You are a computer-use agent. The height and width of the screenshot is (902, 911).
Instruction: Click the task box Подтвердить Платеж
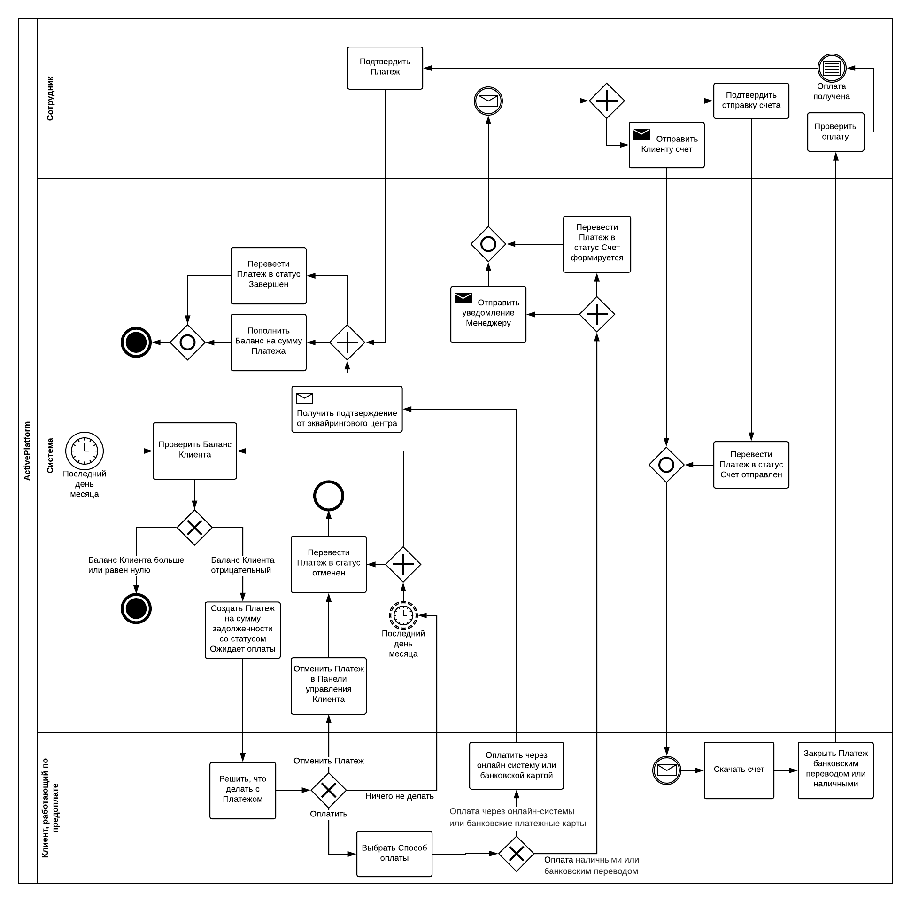click(385, 68)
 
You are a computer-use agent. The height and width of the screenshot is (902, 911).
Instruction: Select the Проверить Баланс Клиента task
click(195, 451)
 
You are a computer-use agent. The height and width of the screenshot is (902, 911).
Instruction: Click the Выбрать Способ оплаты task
click(394, 854)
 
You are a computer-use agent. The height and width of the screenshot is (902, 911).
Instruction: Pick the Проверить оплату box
click(835, 132)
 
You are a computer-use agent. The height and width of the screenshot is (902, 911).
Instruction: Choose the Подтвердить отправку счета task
click(751, 101)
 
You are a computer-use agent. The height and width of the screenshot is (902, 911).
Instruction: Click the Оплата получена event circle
click(831, 69)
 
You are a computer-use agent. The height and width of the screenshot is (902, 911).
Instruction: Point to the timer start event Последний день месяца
click(85, 451)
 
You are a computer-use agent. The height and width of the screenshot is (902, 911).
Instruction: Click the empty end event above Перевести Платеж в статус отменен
click(329, 496)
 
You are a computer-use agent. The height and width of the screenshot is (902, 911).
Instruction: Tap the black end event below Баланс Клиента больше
click(136, 608)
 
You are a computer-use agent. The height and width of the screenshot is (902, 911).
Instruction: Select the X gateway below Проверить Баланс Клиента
click(195, 528)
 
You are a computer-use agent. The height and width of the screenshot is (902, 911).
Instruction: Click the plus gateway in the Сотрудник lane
click(607, 101)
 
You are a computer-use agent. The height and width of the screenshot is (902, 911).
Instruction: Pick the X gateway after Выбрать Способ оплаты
click(517, 854)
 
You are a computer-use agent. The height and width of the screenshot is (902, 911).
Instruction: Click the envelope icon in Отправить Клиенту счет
click(641, 134)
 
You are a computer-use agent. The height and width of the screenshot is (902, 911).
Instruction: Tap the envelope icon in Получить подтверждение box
click(305, 398)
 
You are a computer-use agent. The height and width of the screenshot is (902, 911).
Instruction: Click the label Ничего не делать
click(400, 796)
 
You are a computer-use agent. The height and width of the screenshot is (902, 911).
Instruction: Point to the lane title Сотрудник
click(50, 98)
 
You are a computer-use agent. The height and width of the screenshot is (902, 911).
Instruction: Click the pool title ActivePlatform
click(27, 451)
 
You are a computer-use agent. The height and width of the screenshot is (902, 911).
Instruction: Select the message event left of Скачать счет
click(666, 770)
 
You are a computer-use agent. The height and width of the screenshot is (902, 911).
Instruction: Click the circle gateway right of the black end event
click(188, 342)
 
